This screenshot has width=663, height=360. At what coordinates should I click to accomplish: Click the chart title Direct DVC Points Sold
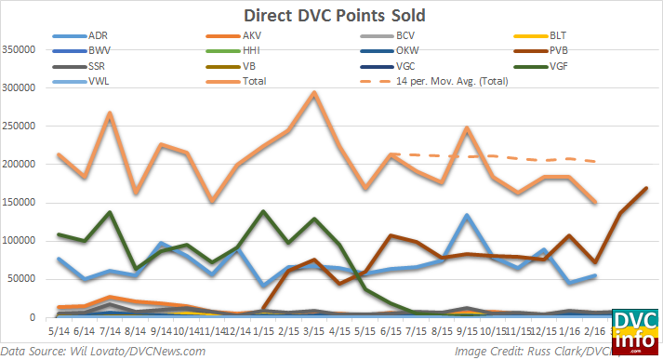331,16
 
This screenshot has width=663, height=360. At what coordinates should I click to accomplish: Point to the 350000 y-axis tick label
26,49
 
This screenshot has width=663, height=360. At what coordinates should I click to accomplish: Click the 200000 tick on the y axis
26,164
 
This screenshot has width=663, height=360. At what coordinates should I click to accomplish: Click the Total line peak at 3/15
314,93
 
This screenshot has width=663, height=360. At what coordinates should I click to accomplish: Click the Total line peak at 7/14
111,113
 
